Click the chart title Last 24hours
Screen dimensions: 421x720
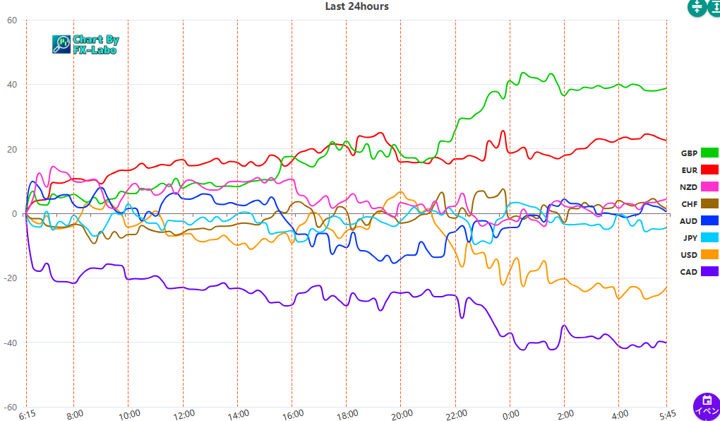(x=356, y=6)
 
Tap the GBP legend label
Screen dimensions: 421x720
(x=689, y=153)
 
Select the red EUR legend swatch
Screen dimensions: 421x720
(x=709, y=170)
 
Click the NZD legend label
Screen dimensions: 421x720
(x=688, y=187)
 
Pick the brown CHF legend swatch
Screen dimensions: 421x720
(x=709, y=204)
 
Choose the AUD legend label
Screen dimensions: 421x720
(x=688, y=221)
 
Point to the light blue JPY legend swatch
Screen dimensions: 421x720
(x=709, y=238)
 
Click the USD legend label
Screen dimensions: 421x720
(x=688, y=255)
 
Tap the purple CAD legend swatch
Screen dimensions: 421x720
(x=709, y=272)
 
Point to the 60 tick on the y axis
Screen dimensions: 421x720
(x=12, y=20)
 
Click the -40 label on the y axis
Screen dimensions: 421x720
(x=10, y=343)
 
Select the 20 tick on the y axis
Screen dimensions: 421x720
(x=12, y=149)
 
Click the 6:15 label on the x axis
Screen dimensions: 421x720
(x=28, y=414)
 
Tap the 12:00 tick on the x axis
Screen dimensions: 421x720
(x=183, y=414)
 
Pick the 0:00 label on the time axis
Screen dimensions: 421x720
(x=510, y=414)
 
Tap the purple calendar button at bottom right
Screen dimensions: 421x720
(x=706, y=406)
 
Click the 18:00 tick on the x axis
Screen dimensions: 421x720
(x=347, y=414)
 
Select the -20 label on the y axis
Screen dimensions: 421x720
(x=10, y=278)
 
